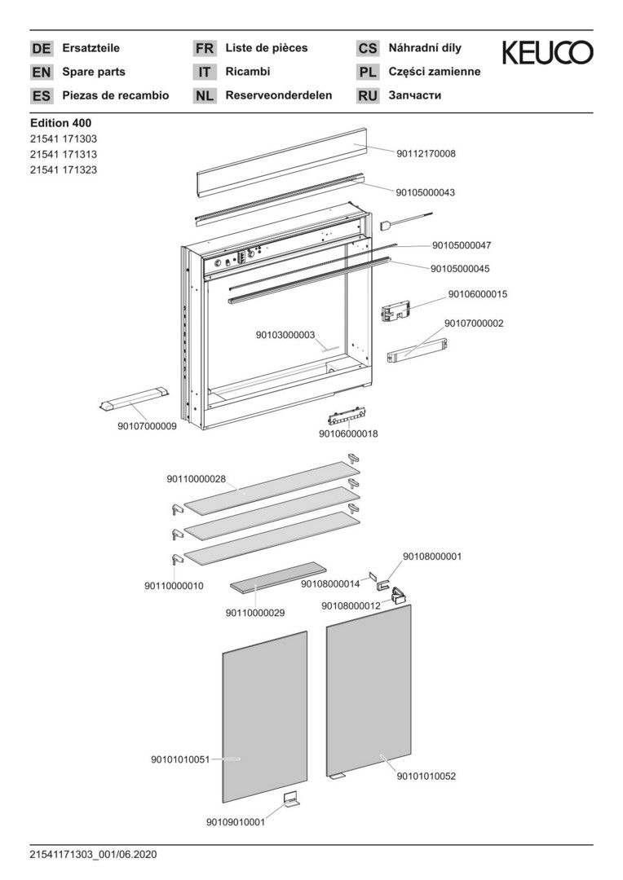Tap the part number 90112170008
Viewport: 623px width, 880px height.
pyautogui.click(x=426, y=154)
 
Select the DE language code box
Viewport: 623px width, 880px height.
pyautogui.click(x=42, y=48)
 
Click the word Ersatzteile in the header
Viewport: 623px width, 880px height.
pyautogui.click(x=91, y=48)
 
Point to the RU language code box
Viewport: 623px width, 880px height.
pyautogui.click(x=368, y=96)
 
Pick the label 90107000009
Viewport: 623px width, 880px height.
pyautogui.click(x=147, y=426)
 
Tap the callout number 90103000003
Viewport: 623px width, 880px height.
pyautogui.click(x=285, y=335)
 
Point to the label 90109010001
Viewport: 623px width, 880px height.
pyautogui.click(x=236, y=822)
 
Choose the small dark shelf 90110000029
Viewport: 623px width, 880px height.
pyautogui.click(x=278, y=576)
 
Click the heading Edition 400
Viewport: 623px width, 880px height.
pyautogui.click(x=60, y=123)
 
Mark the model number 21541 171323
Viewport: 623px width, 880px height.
pyautogui.click(x=64, y=170)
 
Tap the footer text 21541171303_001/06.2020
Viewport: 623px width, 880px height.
pyautogui.click(x=94, y=855)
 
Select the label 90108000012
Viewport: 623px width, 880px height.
pyautogui.click(x=351, y=605)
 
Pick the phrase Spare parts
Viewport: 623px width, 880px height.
pyautogui.click(x=94, y=72)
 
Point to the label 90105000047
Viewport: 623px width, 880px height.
pyautogui.click(x=462, y=245)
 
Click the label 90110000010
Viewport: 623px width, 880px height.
pyautogui.click(x=175, y=586)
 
